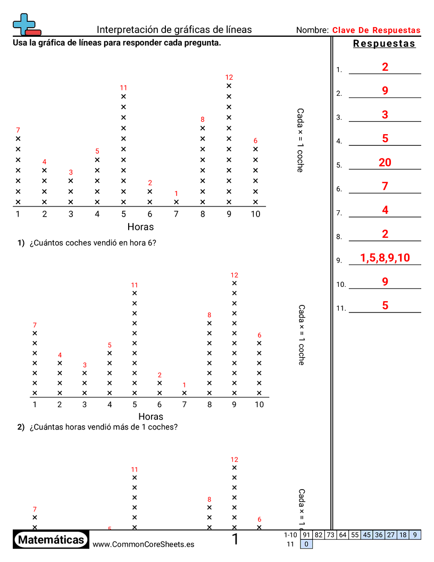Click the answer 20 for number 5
pyautogui.click(x=385, y=162)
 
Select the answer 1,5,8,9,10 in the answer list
pyautogui.click(x=385, y=258)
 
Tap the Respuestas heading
pyautogui.click(x=384, y=44)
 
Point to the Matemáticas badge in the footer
pyautogui.click(x=51, y=540)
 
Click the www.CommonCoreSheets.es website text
pyautogui.click(x=143, y=544)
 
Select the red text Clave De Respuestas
pyautogui.click(x=376, y=30)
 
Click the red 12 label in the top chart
pyautogui.click(x=229, y=77)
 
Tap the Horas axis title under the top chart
pyautogui.click(x=140, y=227)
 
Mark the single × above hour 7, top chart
pyautogui.click(x=177, y=202)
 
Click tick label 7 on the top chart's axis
pyautogui.click(x=177, y=214)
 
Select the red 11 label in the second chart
pyautogui.click(x=135, y=285)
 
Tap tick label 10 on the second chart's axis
pyautogui.click(x=259, y=404)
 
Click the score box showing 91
pyautogui.click(x=306, y=535)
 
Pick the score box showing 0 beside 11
pyautogui.click(x=306, y=544)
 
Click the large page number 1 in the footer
pyautogui.click(x=235, y=540)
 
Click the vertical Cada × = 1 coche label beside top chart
pyautogui.click(x=300, y=140)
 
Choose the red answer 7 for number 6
pyautogui.click(x=385, y=186)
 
